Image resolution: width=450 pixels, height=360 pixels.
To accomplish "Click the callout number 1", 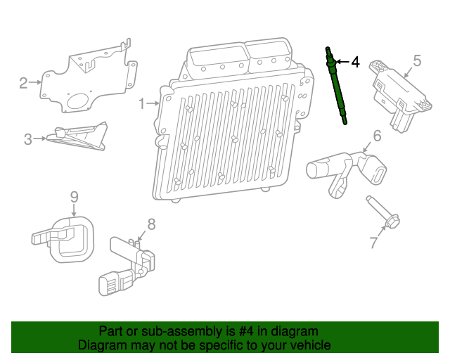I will tap(143, 104).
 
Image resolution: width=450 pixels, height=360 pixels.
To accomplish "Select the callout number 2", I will tap(23, 83).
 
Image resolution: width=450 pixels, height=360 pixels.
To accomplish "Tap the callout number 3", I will tap(28, 139).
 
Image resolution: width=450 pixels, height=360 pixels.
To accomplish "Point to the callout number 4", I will tap(355, 63).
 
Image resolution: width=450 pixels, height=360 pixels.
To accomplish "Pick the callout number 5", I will tap(416, 61).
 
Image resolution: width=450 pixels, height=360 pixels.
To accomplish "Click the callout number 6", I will tap(377, 136).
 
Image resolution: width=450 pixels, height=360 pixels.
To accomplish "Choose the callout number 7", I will tap(373, 243).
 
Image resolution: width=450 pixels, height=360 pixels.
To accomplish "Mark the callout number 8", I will tap(150, 224).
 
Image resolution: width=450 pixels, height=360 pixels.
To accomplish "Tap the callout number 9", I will tap(74, 197).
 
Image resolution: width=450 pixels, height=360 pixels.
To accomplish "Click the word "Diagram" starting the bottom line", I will tap(101, 345).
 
